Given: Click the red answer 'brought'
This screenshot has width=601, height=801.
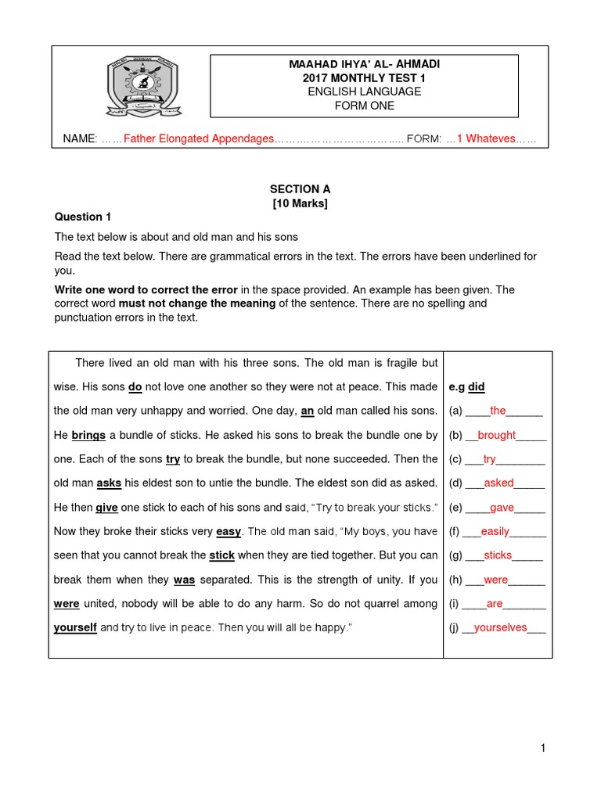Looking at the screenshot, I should click(496, 435).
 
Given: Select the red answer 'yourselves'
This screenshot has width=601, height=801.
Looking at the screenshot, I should click(500, 627).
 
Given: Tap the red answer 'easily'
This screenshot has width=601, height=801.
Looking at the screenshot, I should click(495, 531).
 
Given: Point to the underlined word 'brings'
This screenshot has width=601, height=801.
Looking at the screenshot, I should click(88, 435).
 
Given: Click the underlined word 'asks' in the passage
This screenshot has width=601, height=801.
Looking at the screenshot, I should click(109, 483).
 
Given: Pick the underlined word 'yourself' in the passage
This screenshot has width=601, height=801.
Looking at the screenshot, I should click(75, 627).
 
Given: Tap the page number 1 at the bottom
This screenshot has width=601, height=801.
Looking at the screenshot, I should click(542, 749).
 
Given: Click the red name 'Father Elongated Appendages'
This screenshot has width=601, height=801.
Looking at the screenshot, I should click(199, 138).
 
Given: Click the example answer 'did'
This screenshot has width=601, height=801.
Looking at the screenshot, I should click(476, 386).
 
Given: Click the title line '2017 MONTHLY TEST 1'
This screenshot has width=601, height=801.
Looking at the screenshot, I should click(361, 77).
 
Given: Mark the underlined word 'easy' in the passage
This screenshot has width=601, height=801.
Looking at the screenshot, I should click(229, 531).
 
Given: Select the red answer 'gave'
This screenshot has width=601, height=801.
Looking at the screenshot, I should click(502, 508).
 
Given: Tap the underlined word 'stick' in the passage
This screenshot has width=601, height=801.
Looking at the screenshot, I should click(222, 555).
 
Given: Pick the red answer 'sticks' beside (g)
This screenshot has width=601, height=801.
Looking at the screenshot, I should click(498, 555).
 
